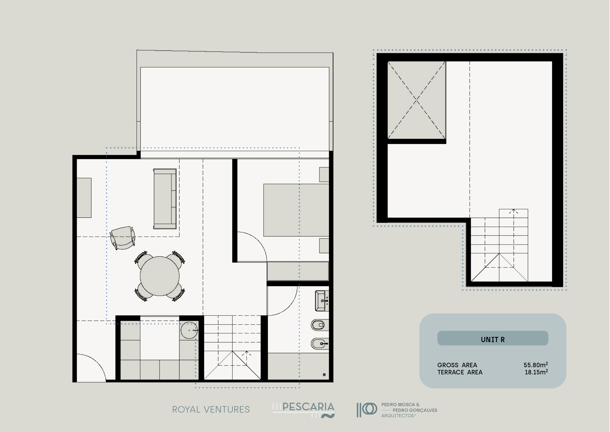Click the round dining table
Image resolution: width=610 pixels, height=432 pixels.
tap(160, 276)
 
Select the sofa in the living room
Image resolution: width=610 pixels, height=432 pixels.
tap(165, 199)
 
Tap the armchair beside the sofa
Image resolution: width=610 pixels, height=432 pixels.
tap(122, 238)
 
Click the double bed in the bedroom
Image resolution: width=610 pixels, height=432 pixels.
tap(296, 210)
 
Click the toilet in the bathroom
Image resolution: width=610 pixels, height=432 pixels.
tap(320, 325)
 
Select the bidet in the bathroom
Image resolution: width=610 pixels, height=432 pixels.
tap(320, 344)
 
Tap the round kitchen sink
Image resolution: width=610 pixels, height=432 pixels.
tap(189, 330)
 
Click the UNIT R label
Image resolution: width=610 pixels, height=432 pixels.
tap(492, 340)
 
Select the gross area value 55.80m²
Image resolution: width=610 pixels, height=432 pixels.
tap(536, 365)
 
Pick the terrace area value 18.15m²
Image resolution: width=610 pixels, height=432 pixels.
tap(536, 372)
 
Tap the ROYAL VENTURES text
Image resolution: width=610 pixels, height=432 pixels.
tap(211, 409)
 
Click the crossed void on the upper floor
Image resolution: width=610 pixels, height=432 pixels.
tap(417, 100)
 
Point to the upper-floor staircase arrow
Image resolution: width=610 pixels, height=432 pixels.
tap(514, 238)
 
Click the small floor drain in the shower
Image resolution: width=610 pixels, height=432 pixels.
tap(324, 375)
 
